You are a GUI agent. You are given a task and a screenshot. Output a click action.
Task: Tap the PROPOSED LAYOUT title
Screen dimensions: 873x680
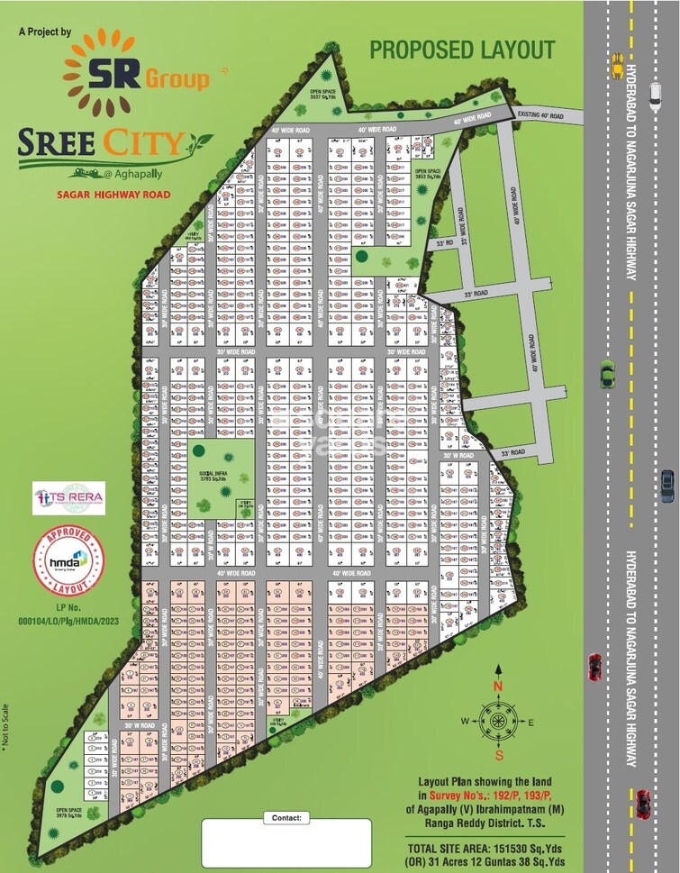[x=462, y=50]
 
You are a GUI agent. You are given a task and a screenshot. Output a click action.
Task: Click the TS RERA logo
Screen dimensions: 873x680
[x=68, y=498]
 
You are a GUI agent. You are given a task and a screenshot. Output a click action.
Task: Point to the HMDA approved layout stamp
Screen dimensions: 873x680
[x=68, y=561]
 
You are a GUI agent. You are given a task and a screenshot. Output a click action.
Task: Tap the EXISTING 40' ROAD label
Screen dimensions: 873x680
[x=540, y=115]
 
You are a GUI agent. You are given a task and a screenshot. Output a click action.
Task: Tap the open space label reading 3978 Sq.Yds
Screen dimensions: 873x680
[x=68, y=812]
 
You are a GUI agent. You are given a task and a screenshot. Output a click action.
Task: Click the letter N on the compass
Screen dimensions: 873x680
[x=496, y=686]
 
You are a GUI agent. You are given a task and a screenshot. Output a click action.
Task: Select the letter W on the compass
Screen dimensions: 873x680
[x=466, y=721]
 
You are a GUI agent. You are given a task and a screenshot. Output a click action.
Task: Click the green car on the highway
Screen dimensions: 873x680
[x=607, y=373]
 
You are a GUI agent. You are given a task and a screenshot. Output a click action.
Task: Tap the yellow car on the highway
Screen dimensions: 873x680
[x=618, y=63]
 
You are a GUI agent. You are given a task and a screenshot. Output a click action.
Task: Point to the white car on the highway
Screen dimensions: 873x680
[x=655, y=91]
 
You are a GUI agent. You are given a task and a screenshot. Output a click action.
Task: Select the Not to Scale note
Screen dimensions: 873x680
[x=5, y=726]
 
